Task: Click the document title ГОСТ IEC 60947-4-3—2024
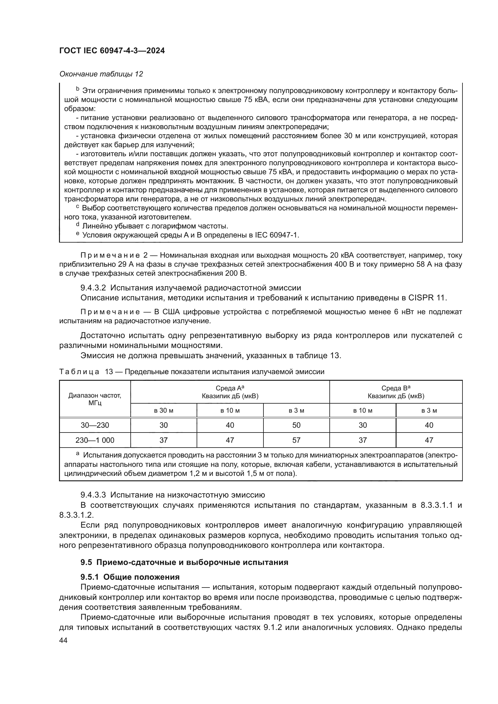coord(112,51)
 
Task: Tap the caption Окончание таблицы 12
coord(101,74)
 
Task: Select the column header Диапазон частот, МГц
coord(95,399)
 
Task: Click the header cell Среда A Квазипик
coord(230,392)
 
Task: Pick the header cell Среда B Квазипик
coord(396,392)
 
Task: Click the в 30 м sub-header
coord(163,411)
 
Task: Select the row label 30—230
coord(95,425)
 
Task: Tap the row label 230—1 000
coord(95,440)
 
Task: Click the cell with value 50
coord(296,425)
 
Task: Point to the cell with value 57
coord(296,440)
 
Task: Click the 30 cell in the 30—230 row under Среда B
coord(363,425)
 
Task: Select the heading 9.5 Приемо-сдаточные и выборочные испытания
coord(184,562)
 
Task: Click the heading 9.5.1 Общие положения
coord(130,577)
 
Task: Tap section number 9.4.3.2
coord(93,288)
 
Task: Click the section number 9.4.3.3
coord(93,495)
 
